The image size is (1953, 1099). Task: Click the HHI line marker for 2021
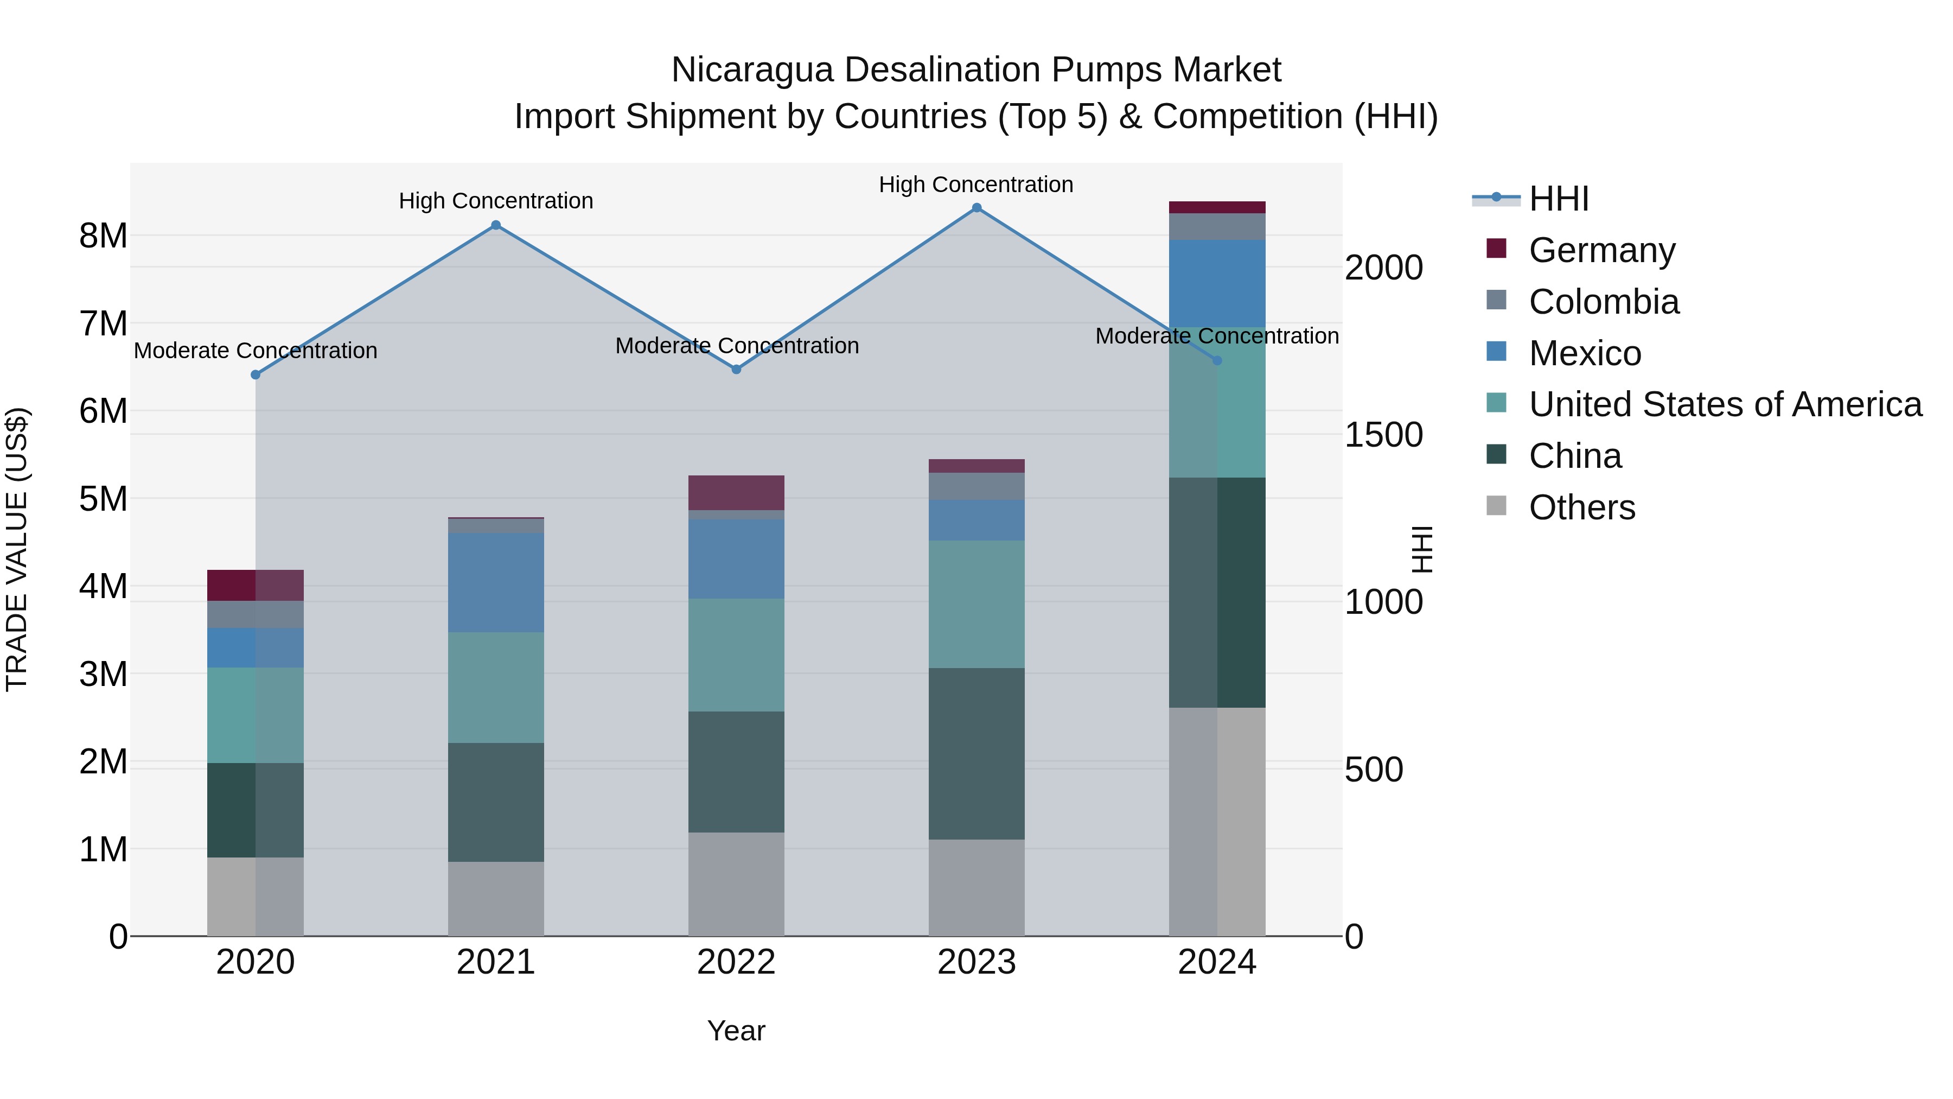pos(496,225)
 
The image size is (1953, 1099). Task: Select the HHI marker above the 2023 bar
pos(976,208)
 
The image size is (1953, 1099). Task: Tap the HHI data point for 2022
pos(736,370)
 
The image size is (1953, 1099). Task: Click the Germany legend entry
pos(1601,250)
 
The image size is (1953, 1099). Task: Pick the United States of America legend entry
pos(1725,404)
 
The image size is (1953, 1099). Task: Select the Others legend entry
pos(1581,507)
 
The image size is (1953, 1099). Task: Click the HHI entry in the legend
pos(1559,199)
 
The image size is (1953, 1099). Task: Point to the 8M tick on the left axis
pos(103,236)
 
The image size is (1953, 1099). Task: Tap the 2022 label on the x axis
pos(736,962)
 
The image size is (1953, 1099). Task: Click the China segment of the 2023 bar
pos(976,753)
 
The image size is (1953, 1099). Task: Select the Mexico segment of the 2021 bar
pos(496,582)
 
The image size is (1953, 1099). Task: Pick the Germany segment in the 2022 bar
pos(736,493)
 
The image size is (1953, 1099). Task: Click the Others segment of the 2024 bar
pos(1217,822)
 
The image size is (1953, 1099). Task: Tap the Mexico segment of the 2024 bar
pos(1217,284)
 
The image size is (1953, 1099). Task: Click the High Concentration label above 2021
pos(496,201)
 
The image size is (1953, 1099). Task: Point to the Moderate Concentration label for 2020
pos(256,351)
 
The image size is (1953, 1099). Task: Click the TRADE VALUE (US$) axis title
pos(17,549)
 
